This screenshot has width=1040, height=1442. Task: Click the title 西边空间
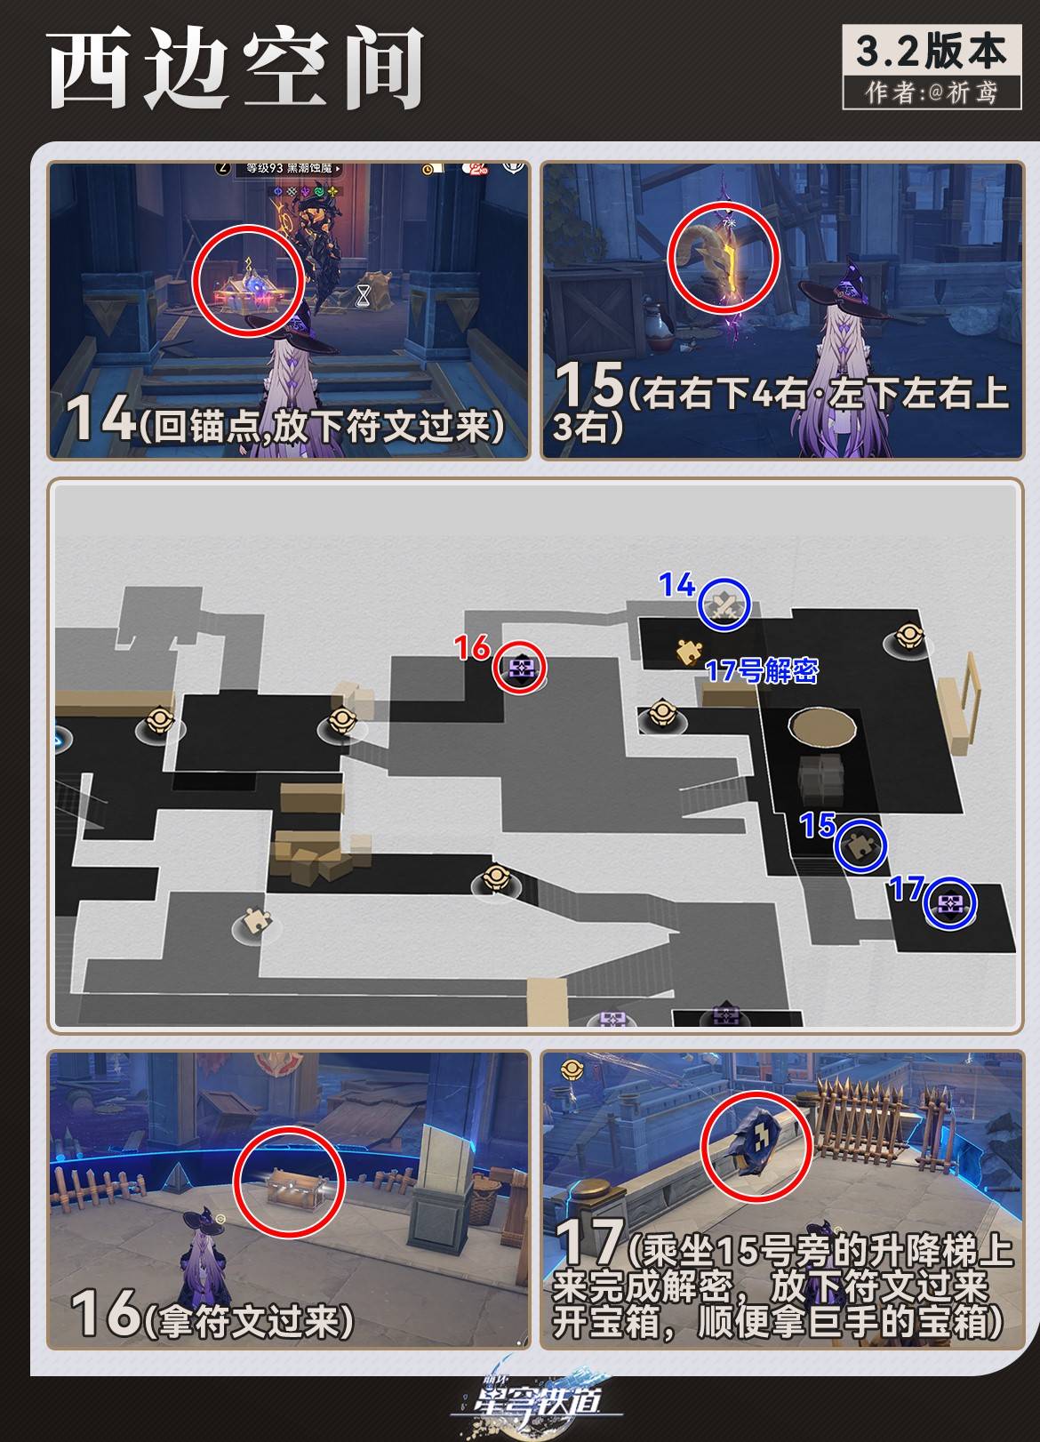tap(236, 69)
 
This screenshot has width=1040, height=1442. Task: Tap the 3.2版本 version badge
tap(932, 52)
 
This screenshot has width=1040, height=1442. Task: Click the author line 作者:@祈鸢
tap(932, 92)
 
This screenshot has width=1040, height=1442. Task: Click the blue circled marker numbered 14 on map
tap(725, 605)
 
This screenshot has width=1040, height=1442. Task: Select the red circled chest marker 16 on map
tap(520, 667)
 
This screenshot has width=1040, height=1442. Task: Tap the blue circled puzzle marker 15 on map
tap(860, 845)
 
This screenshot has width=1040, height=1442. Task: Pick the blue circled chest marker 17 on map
tap(949, 904)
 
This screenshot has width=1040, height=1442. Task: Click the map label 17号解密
tap(761, 670)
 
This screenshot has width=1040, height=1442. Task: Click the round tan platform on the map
tap(822, 727)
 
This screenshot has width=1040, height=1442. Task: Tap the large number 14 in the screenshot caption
tap(101, 418)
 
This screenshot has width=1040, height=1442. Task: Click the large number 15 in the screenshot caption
tap(588, 385)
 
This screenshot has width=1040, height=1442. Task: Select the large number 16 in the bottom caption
tap(105, 1312)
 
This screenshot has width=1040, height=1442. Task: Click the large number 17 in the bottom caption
tap(588, 1241)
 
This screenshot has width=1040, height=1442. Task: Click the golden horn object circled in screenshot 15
tap(722, 257)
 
